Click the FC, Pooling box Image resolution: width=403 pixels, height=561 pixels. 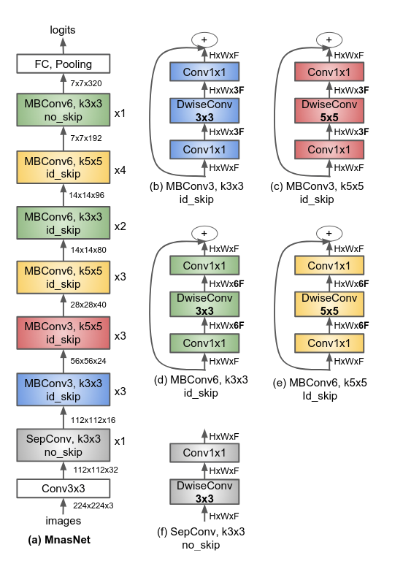click(64, 64)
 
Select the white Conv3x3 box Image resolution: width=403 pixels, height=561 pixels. click(64, 489)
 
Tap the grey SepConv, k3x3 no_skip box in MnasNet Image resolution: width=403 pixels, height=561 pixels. click(64, 445)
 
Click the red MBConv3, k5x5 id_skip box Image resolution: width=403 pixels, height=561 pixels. click(64, 333)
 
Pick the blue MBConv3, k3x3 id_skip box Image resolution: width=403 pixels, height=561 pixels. click(64, 389)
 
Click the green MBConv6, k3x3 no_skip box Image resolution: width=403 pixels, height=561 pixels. click(64, 110)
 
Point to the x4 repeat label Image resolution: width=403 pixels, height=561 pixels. click(120, 170)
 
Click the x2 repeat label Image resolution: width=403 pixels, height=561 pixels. click(120, 226)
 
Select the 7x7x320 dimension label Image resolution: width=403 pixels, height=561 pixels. click(86, 83)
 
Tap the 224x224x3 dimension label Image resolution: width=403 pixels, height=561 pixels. click(93, 505)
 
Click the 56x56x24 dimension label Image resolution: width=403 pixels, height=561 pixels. click(88, 361)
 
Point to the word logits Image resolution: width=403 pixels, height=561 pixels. click(63, 30)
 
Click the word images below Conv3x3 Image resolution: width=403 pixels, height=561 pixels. click(64, 521)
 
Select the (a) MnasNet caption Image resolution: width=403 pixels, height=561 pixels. click(59, 540)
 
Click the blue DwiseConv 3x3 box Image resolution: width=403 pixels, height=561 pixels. click(204, 110)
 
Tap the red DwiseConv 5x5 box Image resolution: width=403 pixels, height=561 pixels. click(329, 110)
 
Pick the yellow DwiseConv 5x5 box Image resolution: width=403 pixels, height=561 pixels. click(329, 304)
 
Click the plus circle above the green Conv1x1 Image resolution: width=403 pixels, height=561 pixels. click(204, 234)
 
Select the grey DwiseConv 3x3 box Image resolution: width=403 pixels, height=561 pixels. click(204, 492)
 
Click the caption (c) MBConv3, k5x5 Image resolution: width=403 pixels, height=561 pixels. click(317, 186)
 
